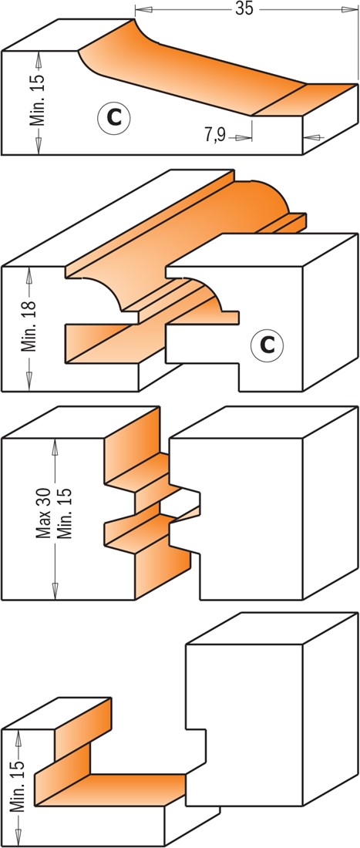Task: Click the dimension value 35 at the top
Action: point(244,8)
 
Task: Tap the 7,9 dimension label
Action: point(214,135)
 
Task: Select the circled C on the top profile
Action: point(113,117)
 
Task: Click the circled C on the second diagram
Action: point(267,344)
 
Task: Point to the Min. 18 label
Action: point(31,326)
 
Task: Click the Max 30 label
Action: point(42,512)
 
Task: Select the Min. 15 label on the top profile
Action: point(38,99)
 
